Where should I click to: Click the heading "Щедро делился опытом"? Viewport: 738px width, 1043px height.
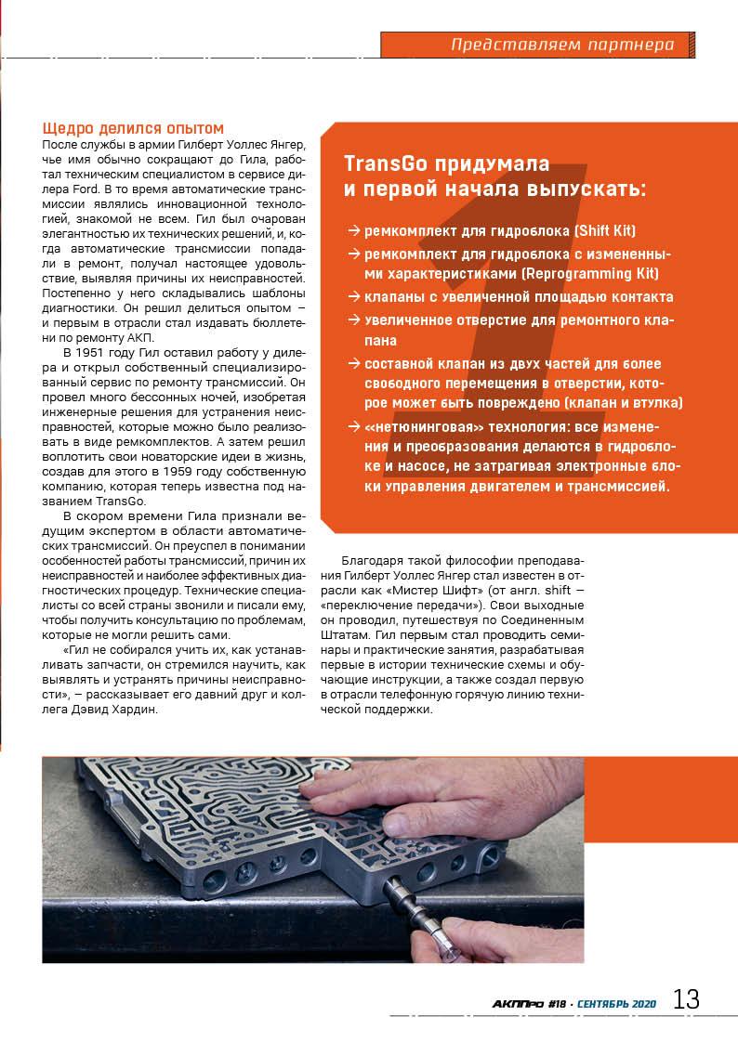[x=134, y=127]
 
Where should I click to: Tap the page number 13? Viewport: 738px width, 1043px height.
[x=686, y=999]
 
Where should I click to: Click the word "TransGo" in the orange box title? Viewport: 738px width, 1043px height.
[x=383, y=163]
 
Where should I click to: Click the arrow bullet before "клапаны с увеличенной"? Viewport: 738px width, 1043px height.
[x=353, y=297]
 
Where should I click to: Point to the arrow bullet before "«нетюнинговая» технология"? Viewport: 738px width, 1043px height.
[x=353, y=426]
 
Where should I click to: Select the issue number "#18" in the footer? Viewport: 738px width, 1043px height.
[x=557, y=1003]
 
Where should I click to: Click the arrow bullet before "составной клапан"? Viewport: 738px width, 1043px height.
[x=353, y=364]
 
